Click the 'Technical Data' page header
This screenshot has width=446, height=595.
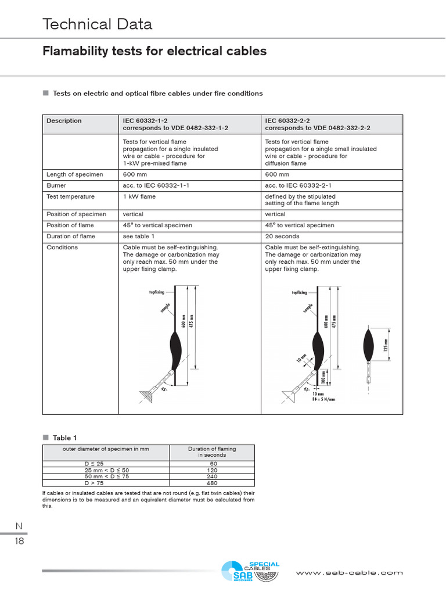click(97, 24)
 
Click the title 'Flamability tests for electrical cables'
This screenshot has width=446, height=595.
click(154, 51)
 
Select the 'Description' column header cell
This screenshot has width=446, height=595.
click(64, 121)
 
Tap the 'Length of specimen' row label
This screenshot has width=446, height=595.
click(75, 174)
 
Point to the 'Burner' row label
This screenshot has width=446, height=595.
click(57, 185)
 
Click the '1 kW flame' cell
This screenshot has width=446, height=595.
click(139, 196)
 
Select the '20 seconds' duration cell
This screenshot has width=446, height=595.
click(282, 236)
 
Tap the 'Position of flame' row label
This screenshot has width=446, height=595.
click(70, 225)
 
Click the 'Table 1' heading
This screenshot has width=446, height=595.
click(62, 438)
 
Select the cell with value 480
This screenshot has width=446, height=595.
click(211, 483)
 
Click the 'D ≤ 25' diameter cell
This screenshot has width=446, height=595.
click(94, 464)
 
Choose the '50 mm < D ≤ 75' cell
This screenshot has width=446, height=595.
click(106, 476)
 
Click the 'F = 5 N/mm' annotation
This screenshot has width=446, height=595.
click(324, 400)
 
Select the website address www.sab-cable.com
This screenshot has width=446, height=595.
click(349, 572)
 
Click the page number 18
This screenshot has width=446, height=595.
click(19, 542)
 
